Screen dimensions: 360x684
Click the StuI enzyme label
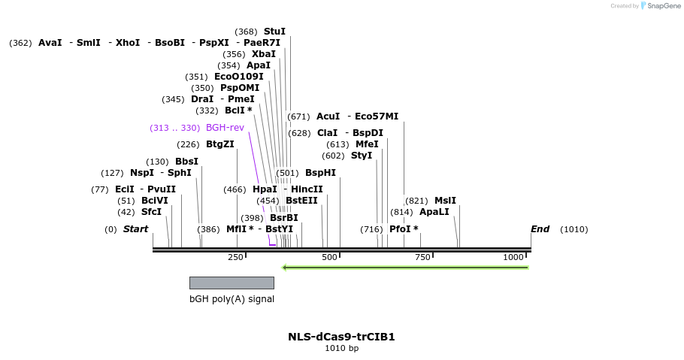point(274,32)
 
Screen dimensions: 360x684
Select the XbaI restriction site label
point(264,54)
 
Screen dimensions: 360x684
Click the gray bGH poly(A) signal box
point(232,283)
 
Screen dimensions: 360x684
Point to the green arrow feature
point(405,267)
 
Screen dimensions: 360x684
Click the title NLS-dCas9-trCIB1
point(341,337)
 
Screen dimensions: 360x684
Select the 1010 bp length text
point(341,349)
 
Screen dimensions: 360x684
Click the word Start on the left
point(135,229)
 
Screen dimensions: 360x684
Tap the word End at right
point(540,229)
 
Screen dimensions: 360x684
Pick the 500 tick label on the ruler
point(329,257)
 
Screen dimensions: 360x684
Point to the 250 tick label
point(235,257)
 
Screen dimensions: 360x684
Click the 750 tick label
point(423,257)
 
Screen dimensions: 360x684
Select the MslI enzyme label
point(445,201)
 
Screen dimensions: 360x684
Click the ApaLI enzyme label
point(434,212)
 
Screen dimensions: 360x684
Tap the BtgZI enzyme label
point(220,144)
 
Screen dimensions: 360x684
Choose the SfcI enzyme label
point(151,212)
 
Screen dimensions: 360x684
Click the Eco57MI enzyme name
point(377,116)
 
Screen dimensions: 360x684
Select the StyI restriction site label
point(362,156)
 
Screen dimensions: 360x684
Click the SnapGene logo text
point(664,6)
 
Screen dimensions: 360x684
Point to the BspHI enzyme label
point(320,173)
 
